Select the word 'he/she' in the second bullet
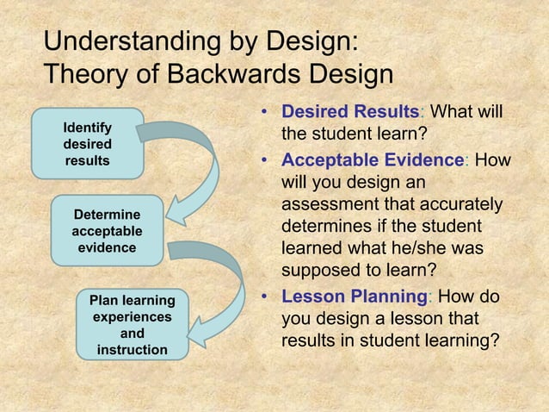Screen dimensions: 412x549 (x=419, y=251)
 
